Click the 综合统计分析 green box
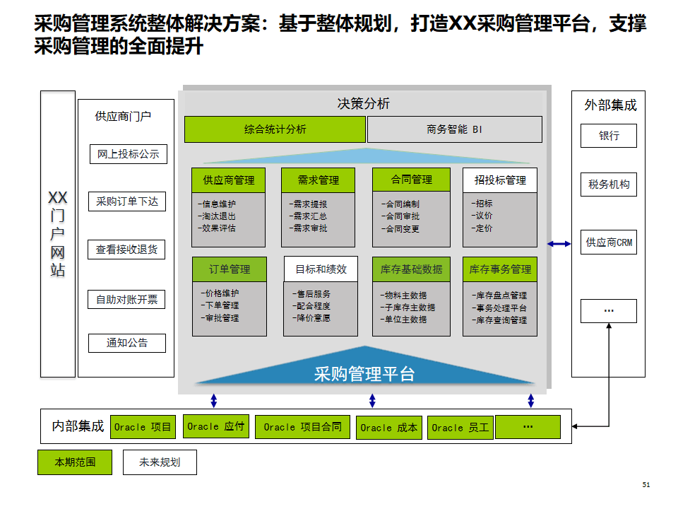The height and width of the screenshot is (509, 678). (x=275, y=129)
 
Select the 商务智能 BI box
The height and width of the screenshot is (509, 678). (x=455, y=129)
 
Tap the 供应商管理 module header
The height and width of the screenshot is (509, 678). (x=229, y=180)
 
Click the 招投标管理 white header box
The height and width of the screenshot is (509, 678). (x=500, y=180)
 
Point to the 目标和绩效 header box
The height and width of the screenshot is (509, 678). (x=321, y=269)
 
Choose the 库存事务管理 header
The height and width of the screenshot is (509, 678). (x=500, y=269)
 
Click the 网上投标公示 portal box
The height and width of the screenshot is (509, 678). (x=128, y=154)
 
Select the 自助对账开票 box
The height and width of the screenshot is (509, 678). (x=127, y=300)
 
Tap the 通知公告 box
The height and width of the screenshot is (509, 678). (x=127, y=344)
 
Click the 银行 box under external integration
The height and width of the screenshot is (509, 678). (x=609, y=136)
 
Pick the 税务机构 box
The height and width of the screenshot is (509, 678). (x=609, y=185)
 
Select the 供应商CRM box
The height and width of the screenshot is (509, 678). (x=609, y=242)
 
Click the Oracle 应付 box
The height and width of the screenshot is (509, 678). (x=216, y=426)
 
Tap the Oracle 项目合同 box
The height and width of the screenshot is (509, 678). (x=302, y=427)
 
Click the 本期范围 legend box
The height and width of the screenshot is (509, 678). (x=75, y=462)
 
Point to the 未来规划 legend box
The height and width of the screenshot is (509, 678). (x=160, y=462)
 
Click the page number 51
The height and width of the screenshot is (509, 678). (x=646, y=485)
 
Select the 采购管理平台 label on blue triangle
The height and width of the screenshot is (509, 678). (x=364, y=374)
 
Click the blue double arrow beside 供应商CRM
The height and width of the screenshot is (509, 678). (x=559, y=244)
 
